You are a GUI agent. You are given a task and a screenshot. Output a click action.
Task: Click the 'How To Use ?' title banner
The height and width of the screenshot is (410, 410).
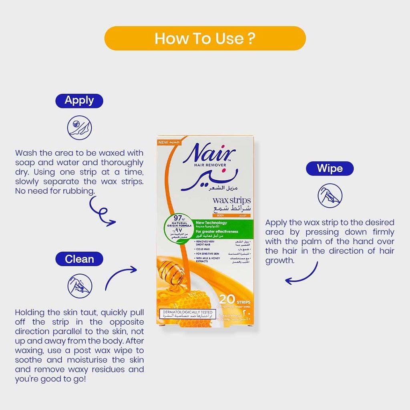click(205, 38)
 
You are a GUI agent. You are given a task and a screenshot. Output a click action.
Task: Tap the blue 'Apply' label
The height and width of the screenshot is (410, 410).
click(79, 100)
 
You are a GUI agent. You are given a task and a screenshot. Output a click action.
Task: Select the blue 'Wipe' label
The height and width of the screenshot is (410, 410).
click(330, 168)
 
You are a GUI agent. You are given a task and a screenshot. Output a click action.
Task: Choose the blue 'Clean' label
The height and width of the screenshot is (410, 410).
click(79, 259)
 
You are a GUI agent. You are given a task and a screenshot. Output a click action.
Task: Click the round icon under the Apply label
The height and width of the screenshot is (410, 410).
click(79, 127)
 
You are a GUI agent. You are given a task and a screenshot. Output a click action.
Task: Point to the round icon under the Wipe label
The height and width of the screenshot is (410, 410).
click(330, 195)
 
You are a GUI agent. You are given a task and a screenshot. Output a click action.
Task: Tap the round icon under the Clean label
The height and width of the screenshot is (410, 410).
click(79, 286)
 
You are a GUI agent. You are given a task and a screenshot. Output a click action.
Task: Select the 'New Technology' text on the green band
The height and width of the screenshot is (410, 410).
click(211, 223)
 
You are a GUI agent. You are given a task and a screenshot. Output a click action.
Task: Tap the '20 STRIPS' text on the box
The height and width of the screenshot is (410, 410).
click(235, 299)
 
